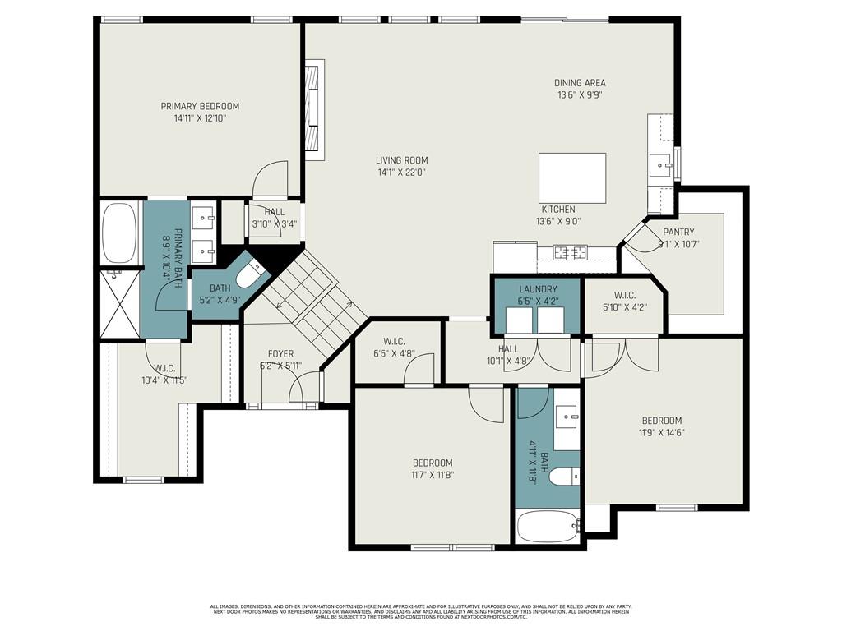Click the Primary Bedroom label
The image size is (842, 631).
tap(200, 106)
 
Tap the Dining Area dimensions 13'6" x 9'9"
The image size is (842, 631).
tap(580, 94)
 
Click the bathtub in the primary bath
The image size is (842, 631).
tap(119, 233)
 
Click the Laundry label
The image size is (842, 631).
tap(538, 289)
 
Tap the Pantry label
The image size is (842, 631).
tap(678, 232)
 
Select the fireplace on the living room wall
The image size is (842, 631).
tap(312, 107)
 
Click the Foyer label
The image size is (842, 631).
tap(275, 354)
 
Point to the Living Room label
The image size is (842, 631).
tap(402, 160)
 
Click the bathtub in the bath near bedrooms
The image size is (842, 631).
tap(547, 526)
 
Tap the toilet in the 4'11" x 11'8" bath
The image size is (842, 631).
tap(566, 476)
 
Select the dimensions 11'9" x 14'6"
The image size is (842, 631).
tap(662, 433)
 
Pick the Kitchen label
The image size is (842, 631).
tap(557, 210)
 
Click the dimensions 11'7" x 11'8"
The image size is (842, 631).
tap(433, 475)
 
